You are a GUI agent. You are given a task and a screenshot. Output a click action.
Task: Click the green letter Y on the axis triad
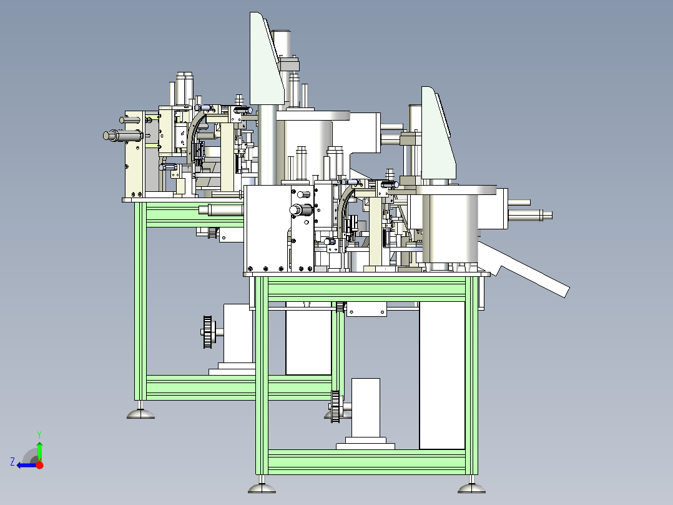click(x=39, y=434)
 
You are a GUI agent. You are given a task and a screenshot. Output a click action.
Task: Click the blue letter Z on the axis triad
click(x=12, y=462)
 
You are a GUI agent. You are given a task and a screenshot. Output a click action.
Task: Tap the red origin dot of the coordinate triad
click(x=40, y=465)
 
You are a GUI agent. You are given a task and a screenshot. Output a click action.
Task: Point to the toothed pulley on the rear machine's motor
click(x=208, y=332)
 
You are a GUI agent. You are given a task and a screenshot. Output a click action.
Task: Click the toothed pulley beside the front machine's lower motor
click(x=335, y=406)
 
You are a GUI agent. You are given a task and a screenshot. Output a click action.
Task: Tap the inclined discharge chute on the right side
click(x=524, y=269)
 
